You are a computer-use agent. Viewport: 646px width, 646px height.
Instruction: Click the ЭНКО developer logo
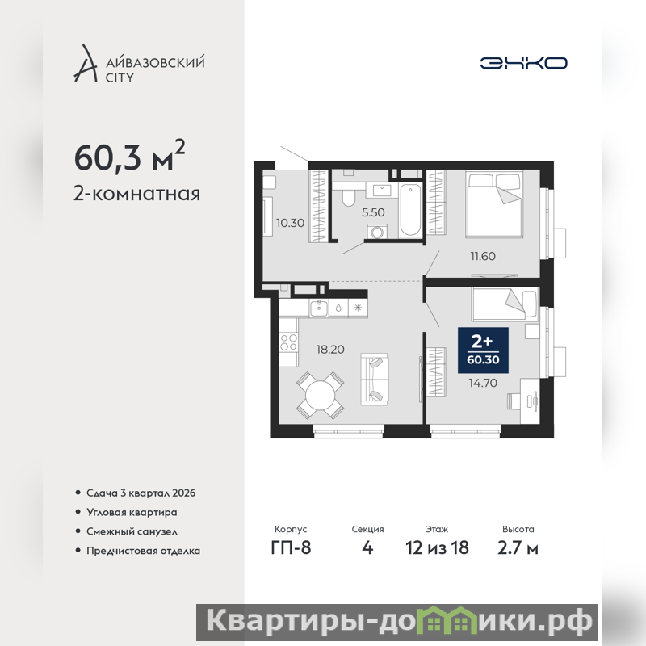(x=523, y=63)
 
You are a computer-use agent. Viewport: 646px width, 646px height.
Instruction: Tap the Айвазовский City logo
(x=139, y=64)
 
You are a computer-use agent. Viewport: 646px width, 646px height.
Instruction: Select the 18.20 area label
(x=330, y=350)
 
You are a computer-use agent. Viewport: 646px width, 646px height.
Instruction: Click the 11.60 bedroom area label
(x=483, y=256)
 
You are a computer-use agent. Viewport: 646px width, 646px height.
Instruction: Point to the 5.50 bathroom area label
(x=373, y=212)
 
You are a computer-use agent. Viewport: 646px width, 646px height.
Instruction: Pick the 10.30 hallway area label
(x=290, y=224)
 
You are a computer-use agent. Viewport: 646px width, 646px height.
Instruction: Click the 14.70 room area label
(x=483, y=383)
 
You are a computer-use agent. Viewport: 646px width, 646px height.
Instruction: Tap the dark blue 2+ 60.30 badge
(x=483, y=350)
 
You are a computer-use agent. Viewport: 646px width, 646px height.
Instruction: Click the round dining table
(x=321, y=396)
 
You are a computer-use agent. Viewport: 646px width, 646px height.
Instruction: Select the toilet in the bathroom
(x=349, y=198)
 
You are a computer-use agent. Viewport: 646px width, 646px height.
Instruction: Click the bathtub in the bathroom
(x=410, y=210)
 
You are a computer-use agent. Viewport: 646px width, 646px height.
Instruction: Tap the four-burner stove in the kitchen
(x=288, y=342)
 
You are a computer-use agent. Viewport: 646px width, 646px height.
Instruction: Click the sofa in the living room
(x=375, y=379)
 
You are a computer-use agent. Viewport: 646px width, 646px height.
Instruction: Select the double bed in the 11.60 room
(x=494, y=204)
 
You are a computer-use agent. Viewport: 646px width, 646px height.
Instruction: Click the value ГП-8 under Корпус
(x=291, y=548)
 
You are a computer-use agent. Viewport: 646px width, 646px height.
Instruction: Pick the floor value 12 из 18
(x=437, y=548)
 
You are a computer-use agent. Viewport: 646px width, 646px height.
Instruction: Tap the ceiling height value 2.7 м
(x=518, y=548)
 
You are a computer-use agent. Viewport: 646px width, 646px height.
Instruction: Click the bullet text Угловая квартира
(x=132, y=513)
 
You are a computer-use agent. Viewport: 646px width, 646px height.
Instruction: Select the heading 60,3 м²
(x=129, y=156)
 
